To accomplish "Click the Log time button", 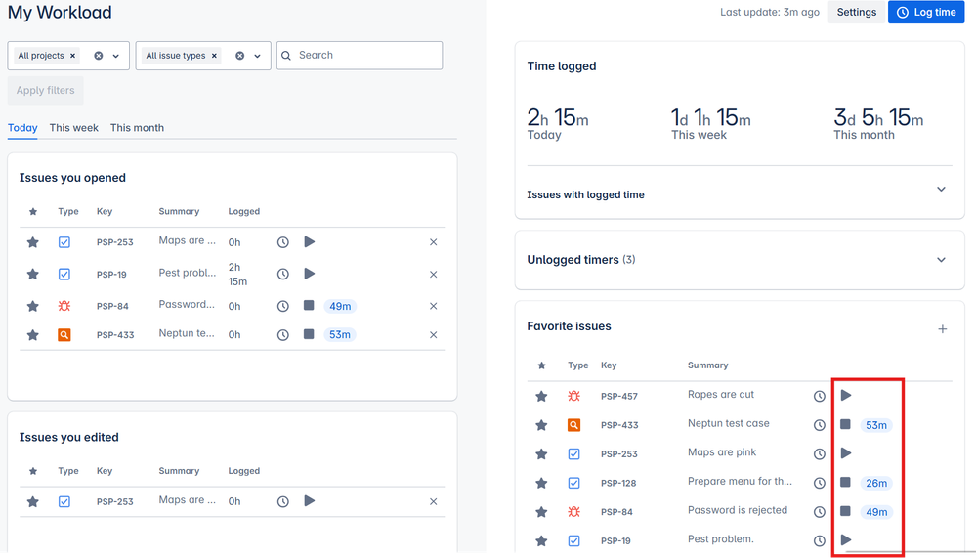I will (x=925, y=13).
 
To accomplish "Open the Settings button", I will (x=856, y=13).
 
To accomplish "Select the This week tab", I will (x=74, y=128).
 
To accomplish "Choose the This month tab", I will (x=137, y=128).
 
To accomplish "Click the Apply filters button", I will (x=45, y=91).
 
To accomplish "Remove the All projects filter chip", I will (x=73, y=57).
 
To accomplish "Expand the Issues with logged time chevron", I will (x=942, y=190).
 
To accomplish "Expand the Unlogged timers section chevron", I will (x=942, y=260).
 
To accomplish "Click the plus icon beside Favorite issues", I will (x=943, y=329).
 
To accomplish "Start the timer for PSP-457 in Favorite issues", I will (x=846, y=396).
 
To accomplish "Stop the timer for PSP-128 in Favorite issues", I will (x=845, y=483).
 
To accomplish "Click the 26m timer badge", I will (x=876, y=483).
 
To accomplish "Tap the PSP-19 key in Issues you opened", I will (x=111, y=275).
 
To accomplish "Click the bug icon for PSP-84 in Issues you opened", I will (x=64, y=306).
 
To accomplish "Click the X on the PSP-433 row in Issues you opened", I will (x=434, y=335).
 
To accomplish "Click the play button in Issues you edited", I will (x=310, y=501).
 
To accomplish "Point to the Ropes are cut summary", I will (x=721, y=395).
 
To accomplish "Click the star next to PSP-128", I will (x=541, y=483).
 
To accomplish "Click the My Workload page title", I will (x=60, y=13).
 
